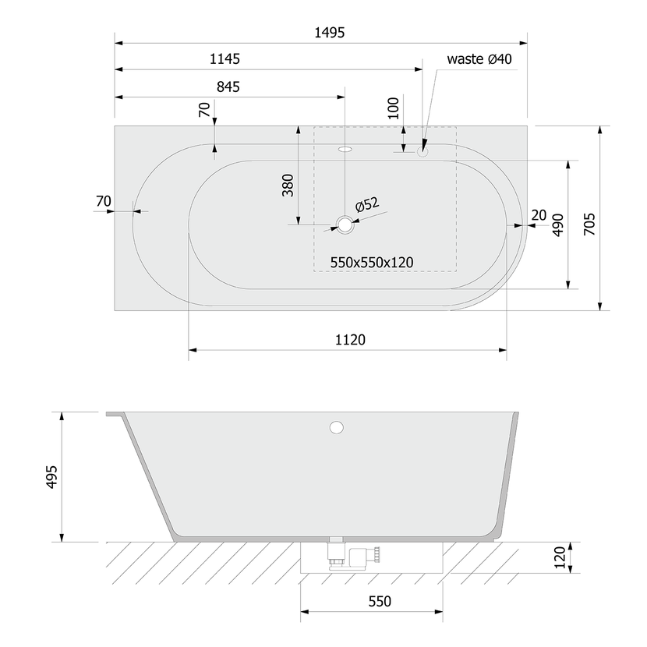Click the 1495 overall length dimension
(329, 32)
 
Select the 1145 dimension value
(225, 59)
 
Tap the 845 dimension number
(228, 87)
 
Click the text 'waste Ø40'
(479, 59)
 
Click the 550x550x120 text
(372, 263)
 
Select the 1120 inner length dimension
(350, 340)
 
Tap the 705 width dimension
(589, 224)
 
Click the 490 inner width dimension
(558, 225)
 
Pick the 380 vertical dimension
(288, 186)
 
